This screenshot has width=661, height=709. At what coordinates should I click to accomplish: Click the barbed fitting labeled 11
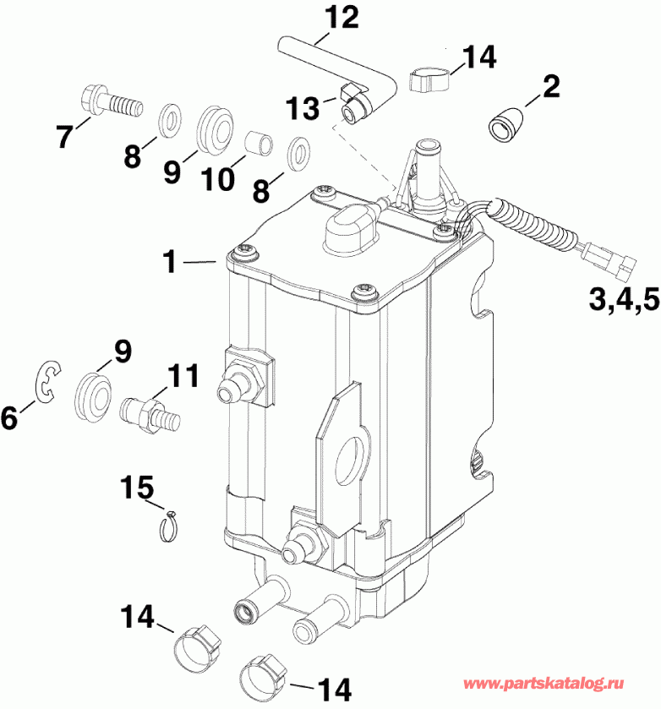(x=146, y=410)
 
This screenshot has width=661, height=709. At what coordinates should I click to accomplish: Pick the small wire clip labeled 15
(x=171, y=526)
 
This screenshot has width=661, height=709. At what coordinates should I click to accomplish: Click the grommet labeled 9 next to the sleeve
(x=214, y=128)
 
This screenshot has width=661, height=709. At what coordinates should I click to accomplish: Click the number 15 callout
(x=137, y=488)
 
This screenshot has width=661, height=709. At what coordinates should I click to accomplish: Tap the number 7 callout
(x=64, y=137)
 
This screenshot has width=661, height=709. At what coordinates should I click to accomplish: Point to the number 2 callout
(x=550, y=85)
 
